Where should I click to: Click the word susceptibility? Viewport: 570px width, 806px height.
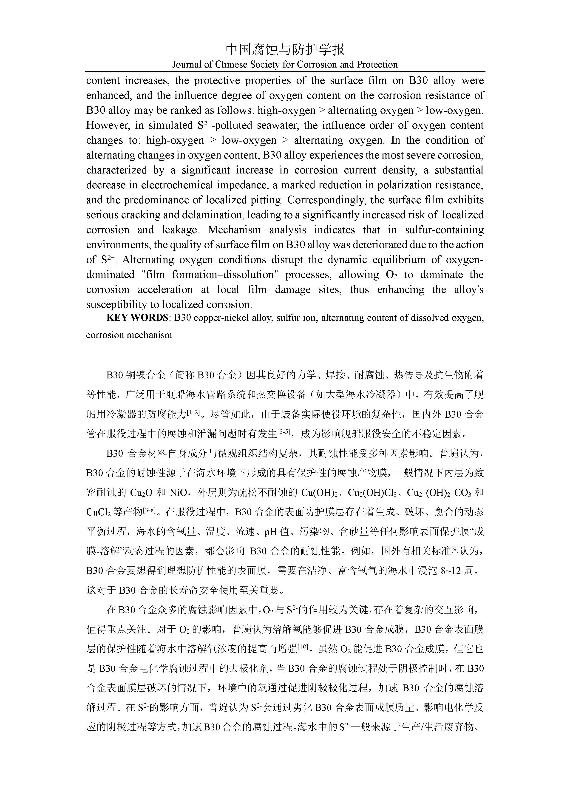point(117,304)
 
